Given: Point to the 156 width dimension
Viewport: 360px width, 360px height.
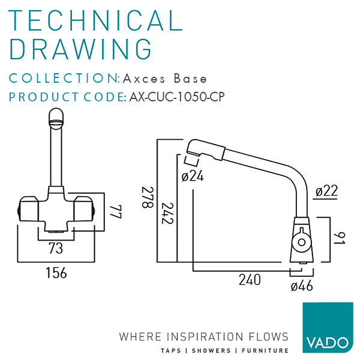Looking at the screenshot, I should click(56, 272).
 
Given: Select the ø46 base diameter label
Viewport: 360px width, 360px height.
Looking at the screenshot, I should click(302, 286).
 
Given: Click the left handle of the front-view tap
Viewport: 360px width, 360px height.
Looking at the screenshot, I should click(27, 208).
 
